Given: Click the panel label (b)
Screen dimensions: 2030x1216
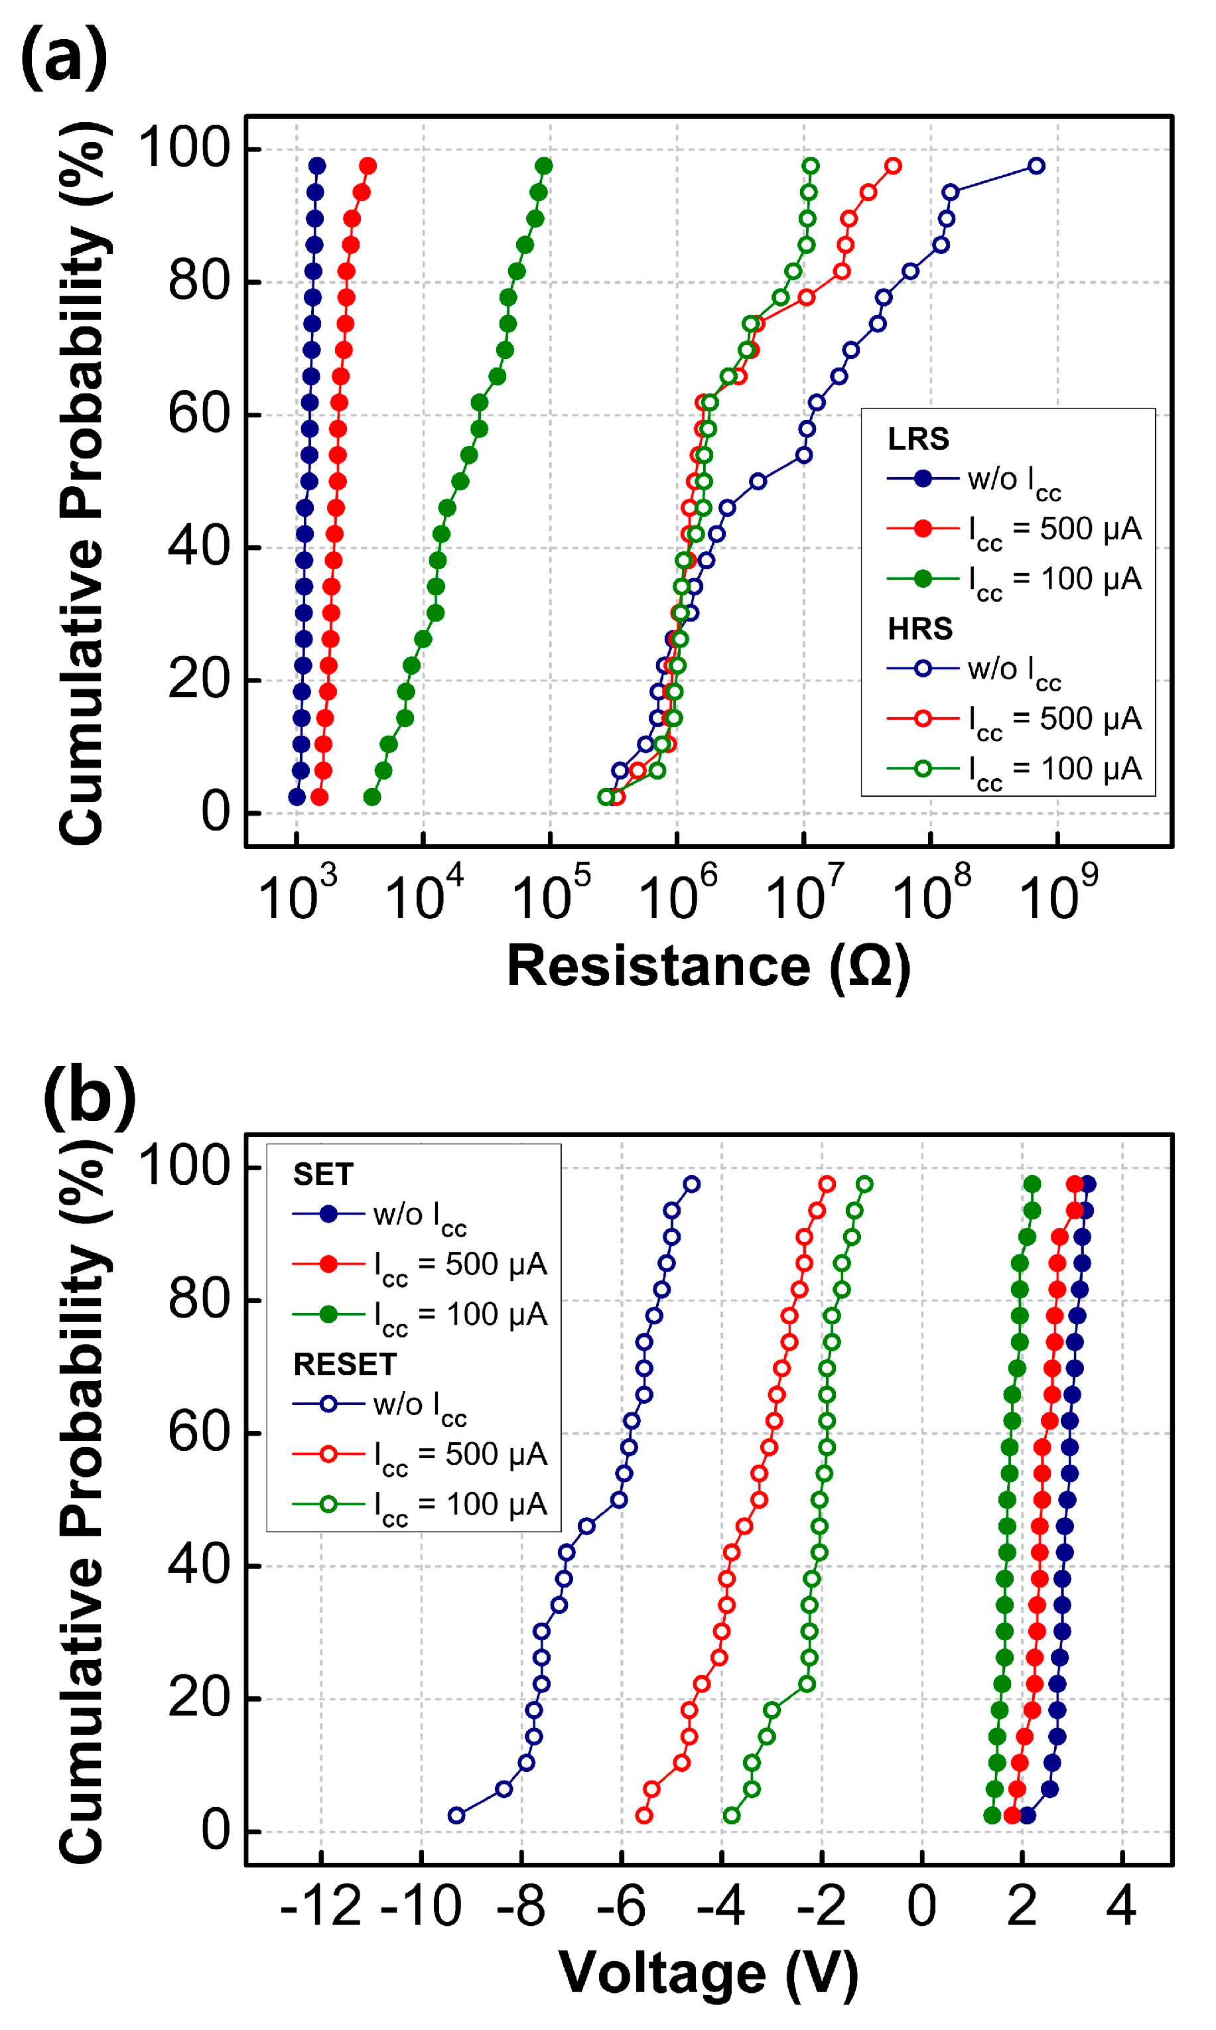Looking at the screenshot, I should pos(90,1095).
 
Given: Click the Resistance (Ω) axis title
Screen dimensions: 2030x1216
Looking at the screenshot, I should pos(709,967).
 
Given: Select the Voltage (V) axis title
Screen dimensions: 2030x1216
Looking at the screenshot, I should pos(709,1974).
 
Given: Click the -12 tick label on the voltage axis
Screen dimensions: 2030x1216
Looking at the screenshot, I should pos(320,1907).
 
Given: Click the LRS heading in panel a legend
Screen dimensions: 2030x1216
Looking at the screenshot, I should pos(917,440).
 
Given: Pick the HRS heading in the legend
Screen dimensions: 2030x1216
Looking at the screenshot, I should pos(919,629).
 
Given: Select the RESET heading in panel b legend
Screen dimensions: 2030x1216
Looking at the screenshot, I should pos(345,1365).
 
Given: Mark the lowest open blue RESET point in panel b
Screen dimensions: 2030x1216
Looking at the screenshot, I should pos(456,1815).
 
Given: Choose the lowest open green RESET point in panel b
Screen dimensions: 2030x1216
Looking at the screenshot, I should pos(732,1815).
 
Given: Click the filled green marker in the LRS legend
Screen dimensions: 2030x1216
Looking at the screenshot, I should pos(923,579).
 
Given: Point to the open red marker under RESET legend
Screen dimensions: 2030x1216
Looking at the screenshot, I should pos(328,1454).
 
